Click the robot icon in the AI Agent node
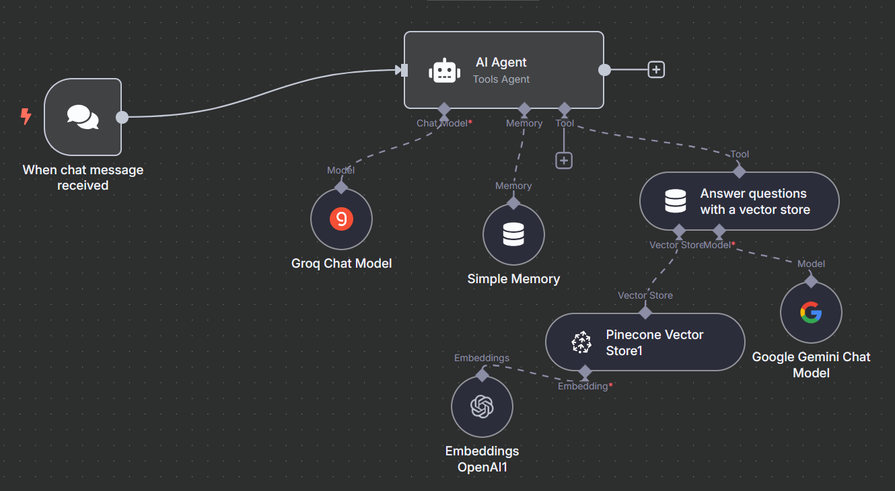click(444, 71)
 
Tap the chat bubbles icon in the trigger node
click(83, 117)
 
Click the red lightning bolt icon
click(26, 117)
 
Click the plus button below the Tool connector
click(564, 160)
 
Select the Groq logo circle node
click(341, 219)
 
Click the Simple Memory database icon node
click(513, 235)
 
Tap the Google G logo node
click(811, 313)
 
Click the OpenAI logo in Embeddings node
click(482, 406)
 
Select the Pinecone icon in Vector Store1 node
click(580, 342)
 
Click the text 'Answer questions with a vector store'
click(753, 201)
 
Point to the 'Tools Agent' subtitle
click(501, 79)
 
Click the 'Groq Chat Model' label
click(341, 263)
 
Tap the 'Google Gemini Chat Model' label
click(811, 365)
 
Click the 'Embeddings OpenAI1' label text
click(482, 458)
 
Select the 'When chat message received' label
click(83, 178)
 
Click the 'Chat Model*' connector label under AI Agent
click(444, 123)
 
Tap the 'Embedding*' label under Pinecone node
click(585, 386)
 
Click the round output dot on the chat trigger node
click(122, 117)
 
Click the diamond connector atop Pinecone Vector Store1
click(645, 312)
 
